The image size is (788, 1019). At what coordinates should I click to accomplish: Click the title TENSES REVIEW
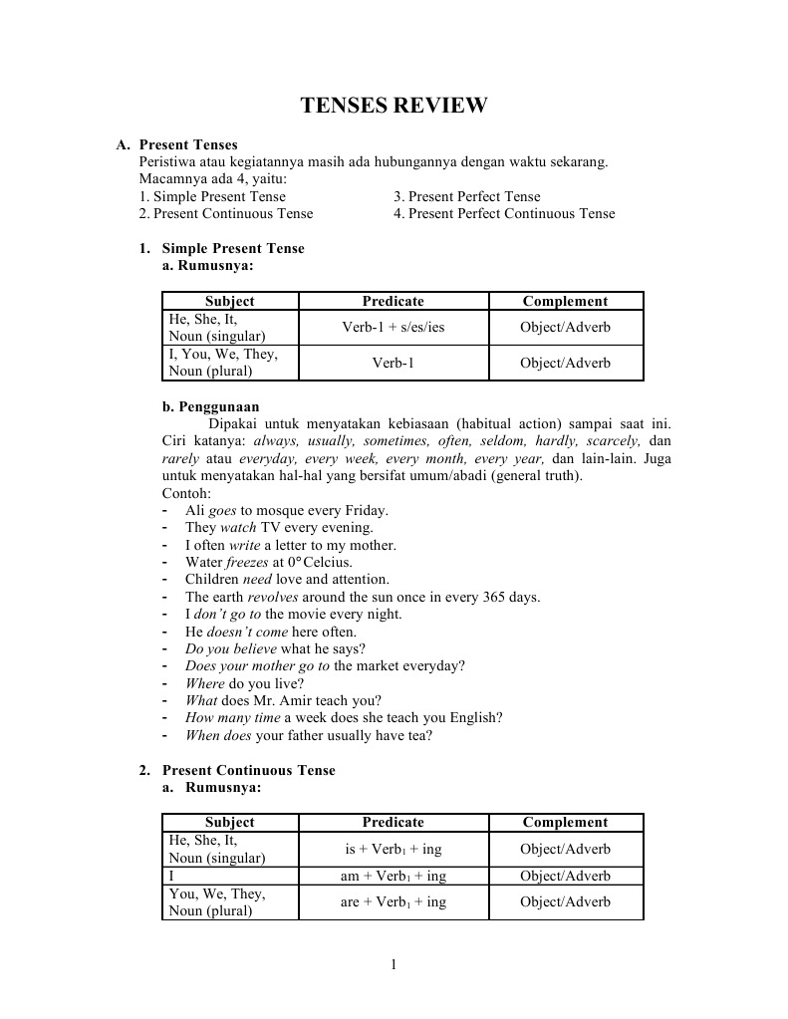(x=394, y=106)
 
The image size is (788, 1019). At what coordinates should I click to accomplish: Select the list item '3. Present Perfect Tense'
(x=466, y=197)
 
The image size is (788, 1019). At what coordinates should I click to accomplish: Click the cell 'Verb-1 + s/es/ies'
(x=393, y=328)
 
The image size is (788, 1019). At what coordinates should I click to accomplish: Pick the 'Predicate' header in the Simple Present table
(x=393, y=301)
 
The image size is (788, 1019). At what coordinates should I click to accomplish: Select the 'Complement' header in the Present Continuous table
(x=565, y=823)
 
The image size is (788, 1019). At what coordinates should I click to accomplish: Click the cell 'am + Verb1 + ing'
(x=393, y=877)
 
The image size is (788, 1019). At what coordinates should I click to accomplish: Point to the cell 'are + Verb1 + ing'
(x=393, y=902)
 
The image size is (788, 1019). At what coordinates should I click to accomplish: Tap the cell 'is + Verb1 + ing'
(x=393, y=850)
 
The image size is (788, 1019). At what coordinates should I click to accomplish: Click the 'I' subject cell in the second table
(x=172, y=877)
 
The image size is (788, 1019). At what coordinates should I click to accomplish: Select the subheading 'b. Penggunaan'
(x=210, y=406)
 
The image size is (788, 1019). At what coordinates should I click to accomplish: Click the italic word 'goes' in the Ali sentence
(x=222, y=511)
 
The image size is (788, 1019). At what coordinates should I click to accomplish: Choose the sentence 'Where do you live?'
(x=244, y=684)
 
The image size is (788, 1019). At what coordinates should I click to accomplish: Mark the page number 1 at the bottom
(x=394, y=964)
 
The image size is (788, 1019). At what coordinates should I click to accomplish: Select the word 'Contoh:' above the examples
(x=184, y=493)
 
